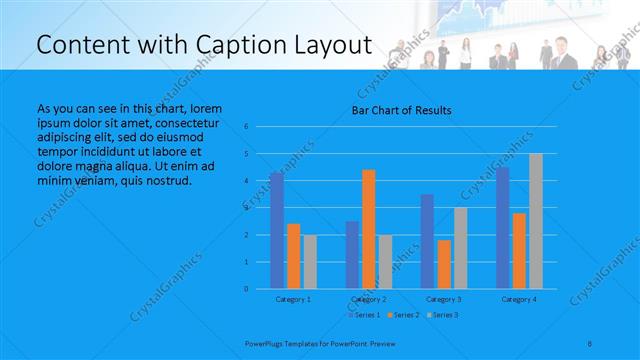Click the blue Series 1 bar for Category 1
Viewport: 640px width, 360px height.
pyautogui.click(x=276, y=231)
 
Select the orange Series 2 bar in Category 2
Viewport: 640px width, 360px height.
pyautogui.click(x=368, y=229)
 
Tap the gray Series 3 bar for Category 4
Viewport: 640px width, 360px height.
pyautogui.click(x=536, y=221)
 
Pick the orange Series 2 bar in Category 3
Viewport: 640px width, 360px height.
pyautogui.click(x=444, y=264)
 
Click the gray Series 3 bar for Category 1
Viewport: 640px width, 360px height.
pyautogui.click(x=310, y=262)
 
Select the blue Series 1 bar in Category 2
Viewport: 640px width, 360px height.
pyautogui.click(x=352, y=255)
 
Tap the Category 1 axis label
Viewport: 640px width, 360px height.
pyautogui.click(x=293, y=299)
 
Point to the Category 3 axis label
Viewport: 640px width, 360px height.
pyautogui.click(x=443, y=299)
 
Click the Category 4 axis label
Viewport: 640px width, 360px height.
pyautogui.click(x=518, y=299)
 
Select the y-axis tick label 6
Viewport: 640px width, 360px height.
pyautogui.click(x=246, y=127)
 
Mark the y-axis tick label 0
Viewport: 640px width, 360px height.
pyautogui.click(x=246, y=289)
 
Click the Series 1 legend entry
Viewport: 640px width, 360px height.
pyautogui.click(x=364, y=315)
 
